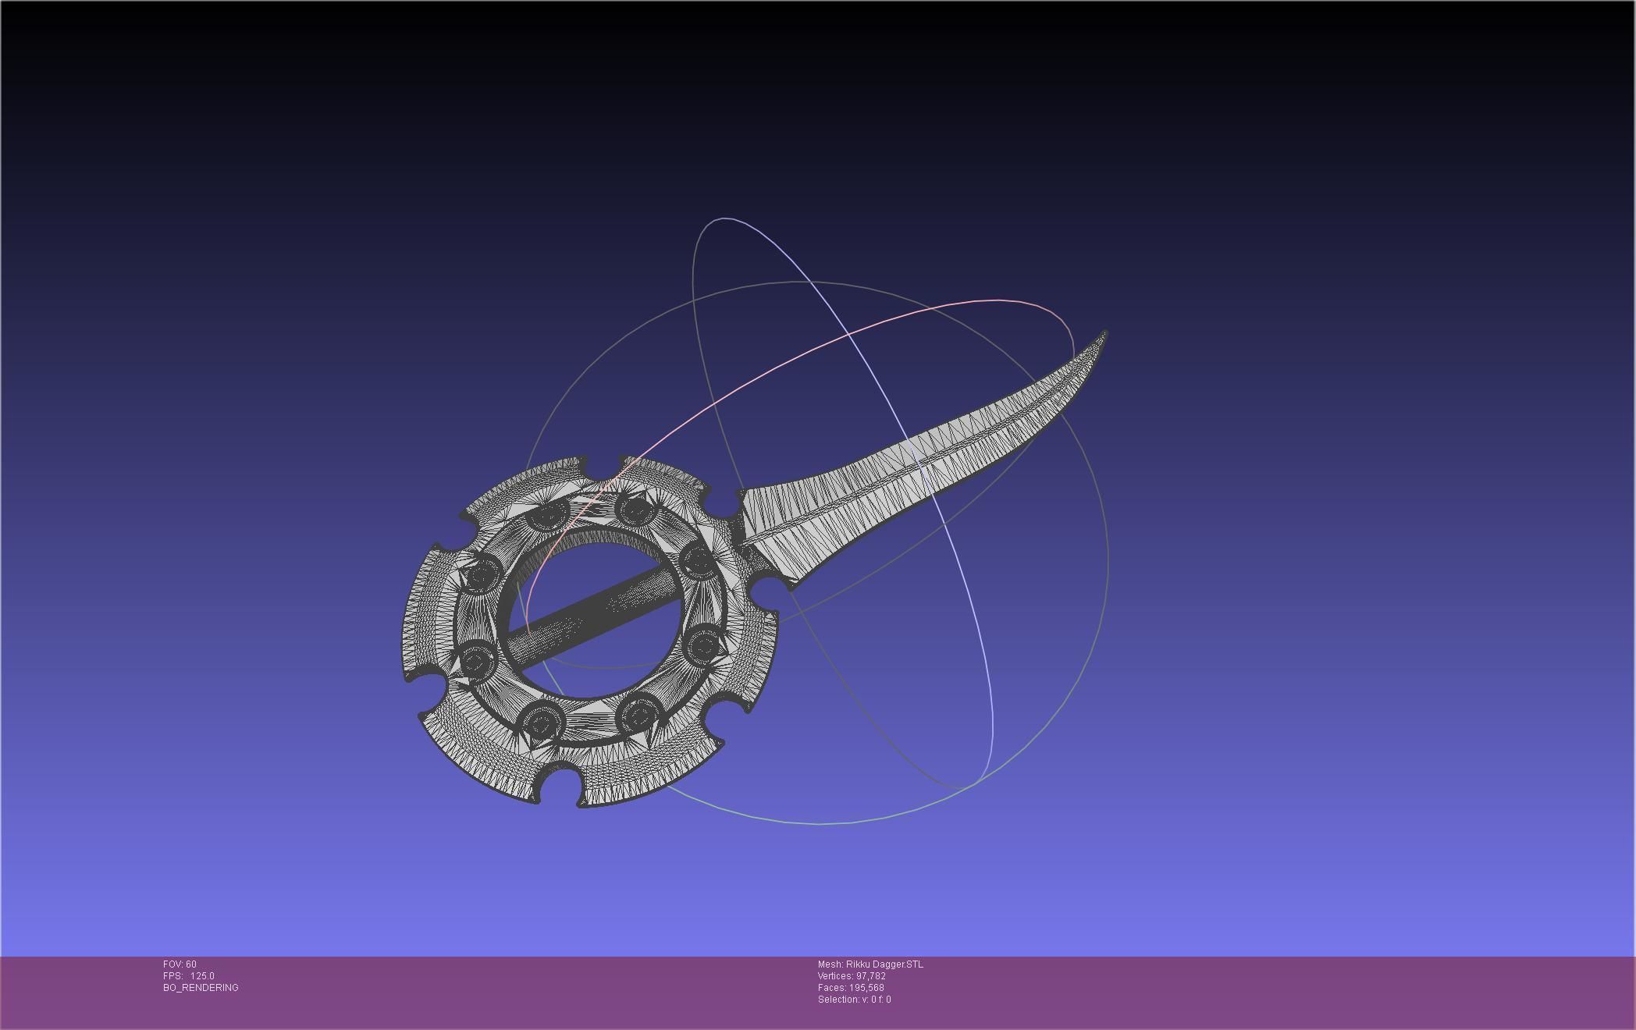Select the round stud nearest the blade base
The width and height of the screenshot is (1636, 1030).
697,560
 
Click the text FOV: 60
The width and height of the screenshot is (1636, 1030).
180,964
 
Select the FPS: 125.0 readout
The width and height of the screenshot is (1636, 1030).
188,976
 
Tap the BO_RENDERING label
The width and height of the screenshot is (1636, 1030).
201,988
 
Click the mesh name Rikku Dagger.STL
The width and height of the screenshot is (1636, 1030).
884,964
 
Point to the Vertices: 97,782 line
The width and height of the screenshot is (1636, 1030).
851,976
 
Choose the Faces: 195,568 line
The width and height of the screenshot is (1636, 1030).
850,988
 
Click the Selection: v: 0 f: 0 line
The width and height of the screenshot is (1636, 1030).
854,1000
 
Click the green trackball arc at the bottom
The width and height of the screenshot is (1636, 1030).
820,823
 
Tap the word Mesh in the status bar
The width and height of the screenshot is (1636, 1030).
829,964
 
